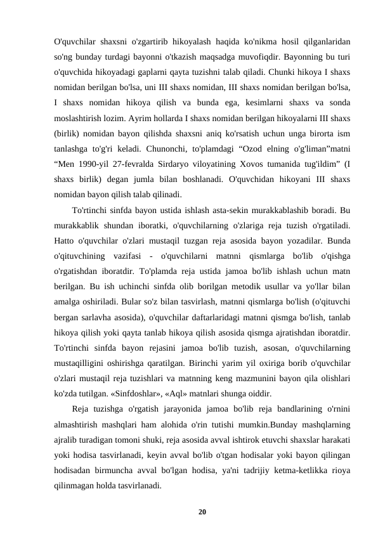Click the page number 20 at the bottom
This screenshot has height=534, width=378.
(x=201, y=511)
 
